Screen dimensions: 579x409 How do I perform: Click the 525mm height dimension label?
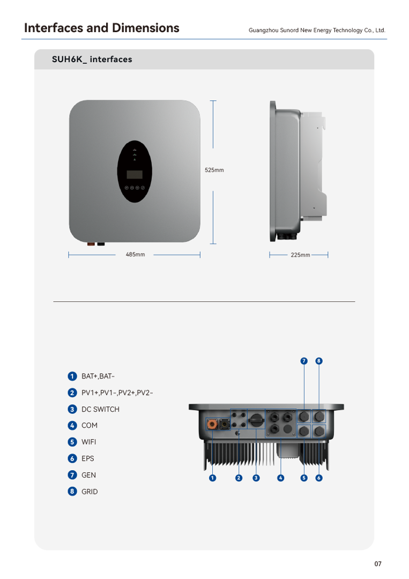[x=214, y=170]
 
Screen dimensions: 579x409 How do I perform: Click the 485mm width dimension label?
[x=135, y=255]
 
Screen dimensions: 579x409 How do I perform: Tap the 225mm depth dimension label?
[x=300, y=255]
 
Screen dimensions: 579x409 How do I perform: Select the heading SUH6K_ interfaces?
[x=92, y=60]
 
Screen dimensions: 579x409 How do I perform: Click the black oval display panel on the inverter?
[x=135, y=172]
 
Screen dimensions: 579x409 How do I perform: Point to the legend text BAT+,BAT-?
[x=98, y=376]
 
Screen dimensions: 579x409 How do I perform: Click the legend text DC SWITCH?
[x=100, y=409]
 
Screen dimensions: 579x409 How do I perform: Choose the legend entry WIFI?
[x=89, y=442]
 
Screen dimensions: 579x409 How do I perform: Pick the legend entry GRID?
[x=90, y=492]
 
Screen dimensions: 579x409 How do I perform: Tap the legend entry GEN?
[x=89, y=475]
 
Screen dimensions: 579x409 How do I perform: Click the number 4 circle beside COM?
[x=72, y=426]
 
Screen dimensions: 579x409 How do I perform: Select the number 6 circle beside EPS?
[x=72, y=458]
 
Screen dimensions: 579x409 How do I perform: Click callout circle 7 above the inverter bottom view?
[x=304, y=361]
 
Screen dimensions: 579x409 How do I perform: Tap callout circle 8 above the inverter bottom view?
[x=319, y=361]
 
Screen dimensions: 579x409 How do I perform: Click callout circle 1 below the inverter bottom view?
[x=213, y=478]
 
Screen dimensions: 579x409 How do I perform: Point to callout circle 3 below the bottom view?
[x=256, y=478]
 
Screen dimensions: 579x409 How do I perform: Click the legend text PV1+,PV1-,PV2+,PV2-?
[x=117, y=393]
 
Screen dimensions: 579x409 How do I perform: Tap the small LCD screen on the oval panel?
[x=135, y=175]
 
